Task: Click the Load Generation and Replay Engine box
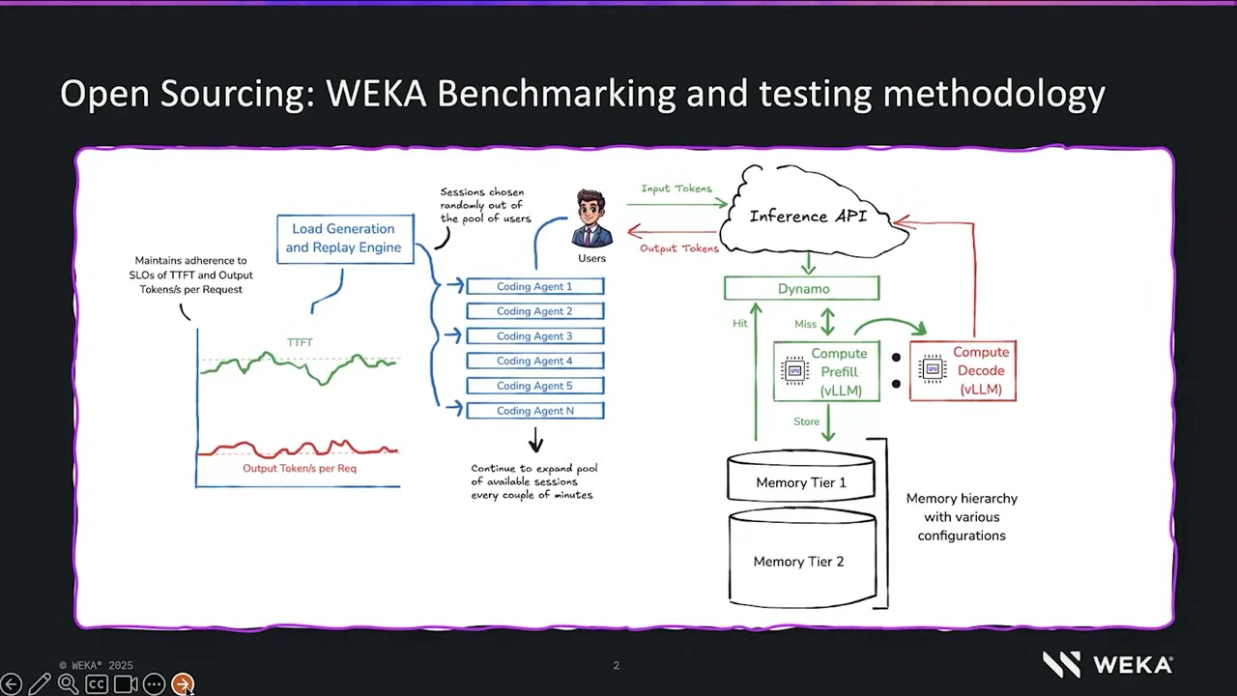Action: tap(345, 239)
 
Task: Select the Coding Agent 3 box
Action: tap(535, 335)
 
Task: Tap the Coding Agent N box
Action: tap(535, 411)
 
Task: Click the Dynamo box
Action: tap(802, 288)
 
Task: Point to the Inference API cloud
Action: tap(812, 213)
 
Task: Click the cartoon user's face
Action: tap(590, 210)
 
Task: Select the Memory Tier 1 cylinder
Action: tap(801, 477)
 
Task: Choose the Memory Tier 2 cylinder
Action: tap(802, 558)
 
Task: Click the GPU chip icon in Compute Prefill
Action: tap(794, 370)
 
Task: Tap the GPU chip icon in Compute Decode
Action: tap(933, 368)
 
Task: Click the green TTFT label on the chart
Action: tap(300, 342)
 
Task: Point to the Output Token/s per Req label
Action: tap(300, 469)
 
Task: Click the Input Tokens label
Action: tap(676, 188)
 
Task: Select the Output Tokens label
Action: tap(679, 248)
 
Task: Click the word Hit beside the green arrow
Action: tap(740, 323)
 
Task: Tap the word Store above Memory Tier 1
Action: tap(806, 421)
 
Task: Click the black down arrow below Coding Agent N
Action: tap(535, 440)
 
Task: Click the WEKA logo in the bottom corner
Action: tap(1108, 664)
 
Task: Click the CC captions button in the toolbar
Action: tap(96, 684)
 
